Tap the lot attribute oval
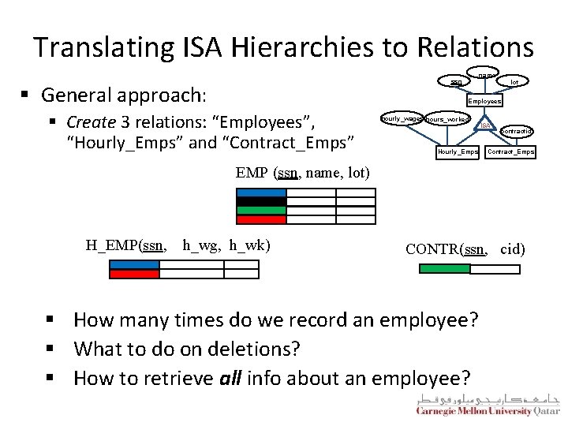[x=514, y=82]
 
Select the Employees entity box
[x=484, y=101]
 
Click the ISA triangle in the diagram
[x=486, y=125]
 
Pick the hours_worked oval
[x=449, y=119]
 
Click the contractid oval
[x=517, y=130]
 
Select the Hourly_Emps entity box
[x=458, y=151]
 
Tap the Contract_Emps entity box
[x=510, y=151]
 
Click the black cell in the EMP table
[x=261, y=202]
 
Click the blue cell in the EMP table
[x=261, y=193]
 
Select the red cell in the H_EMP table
[x=134, y=275]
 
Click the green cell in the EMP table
[x=261, y=211]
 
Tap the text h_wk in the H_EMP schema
[x=249, y=245]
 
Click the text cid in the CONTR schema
[x=512, y=249]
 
